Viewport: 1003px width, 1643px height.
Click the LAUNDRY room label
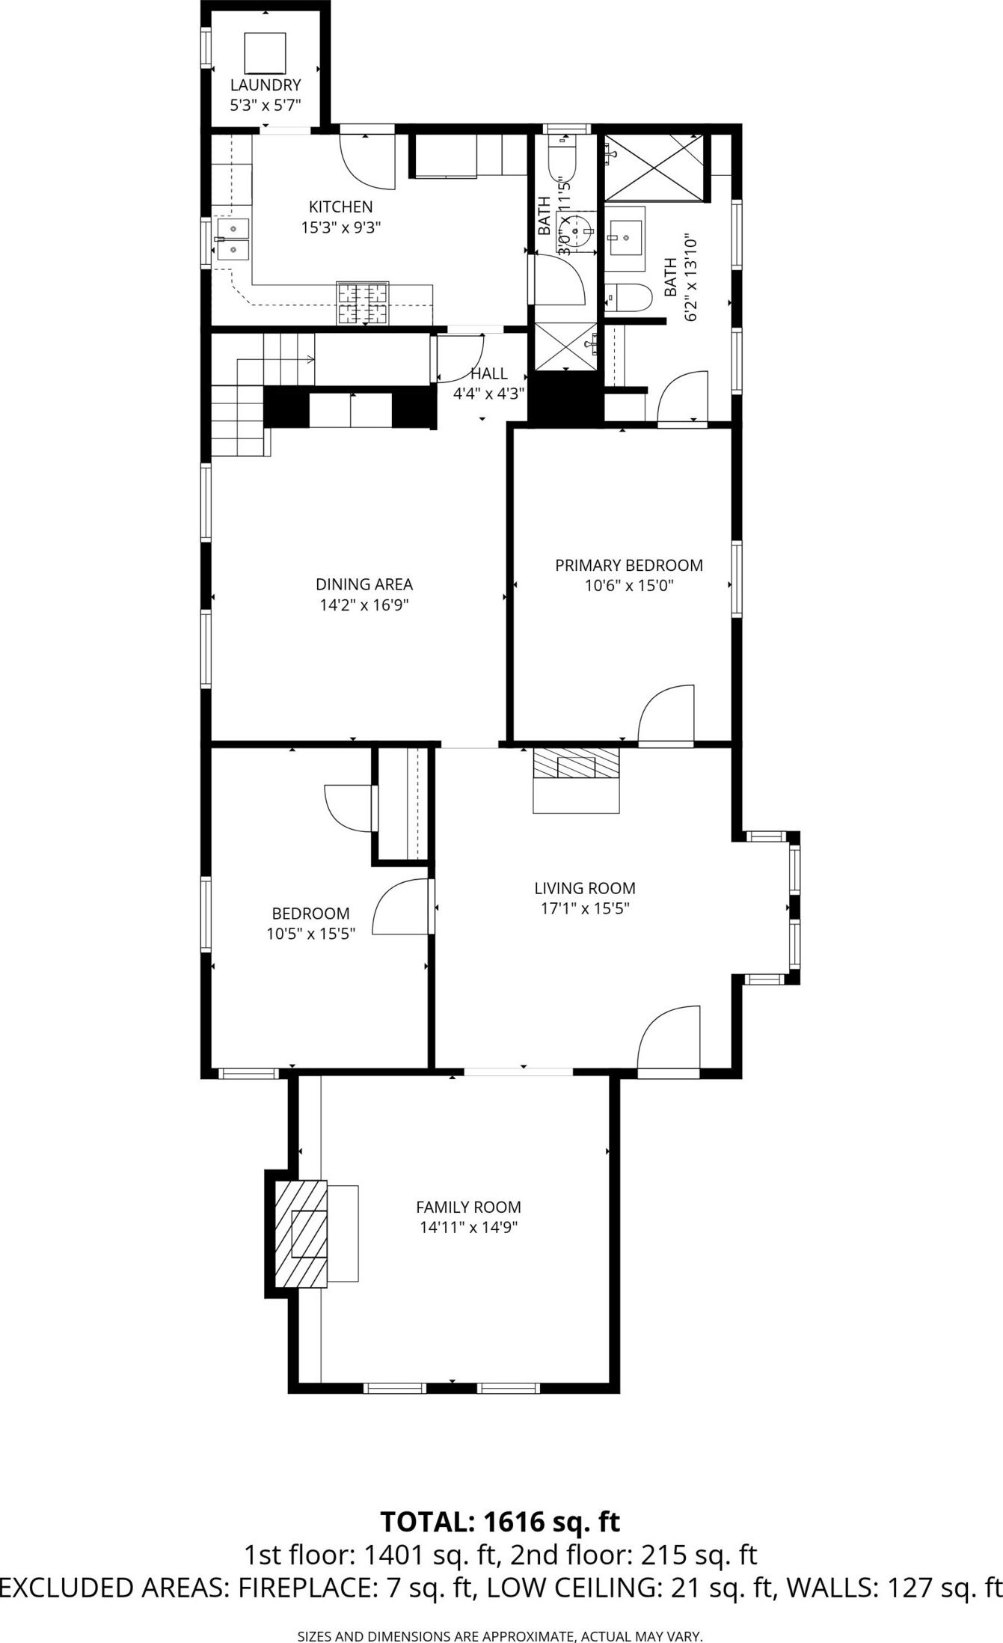265,85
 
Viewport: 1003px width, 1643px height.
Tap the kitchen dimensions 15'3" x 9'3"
341,227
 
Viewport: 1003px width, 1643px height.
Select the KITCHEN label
341,206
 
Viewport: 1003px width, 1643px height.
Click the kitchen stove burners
363,304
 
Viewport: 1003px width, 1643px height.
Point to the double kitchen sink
233,239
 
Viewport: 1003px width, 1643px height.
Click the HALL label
489,373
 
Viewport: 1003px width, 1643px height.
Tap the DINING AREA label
364,584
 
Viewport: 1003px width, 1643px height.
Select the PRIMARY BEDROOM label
629,565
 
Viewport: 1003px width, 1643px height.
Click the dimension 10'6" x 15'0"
629,585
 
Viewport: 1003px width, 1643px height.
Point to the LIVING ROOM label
585,888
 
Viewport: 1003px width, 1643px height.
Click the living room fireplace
576,779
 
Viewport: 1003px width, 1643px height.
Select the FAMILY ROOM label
468,1207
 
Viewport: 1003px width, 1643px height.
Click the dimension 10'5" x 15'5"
310,933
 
